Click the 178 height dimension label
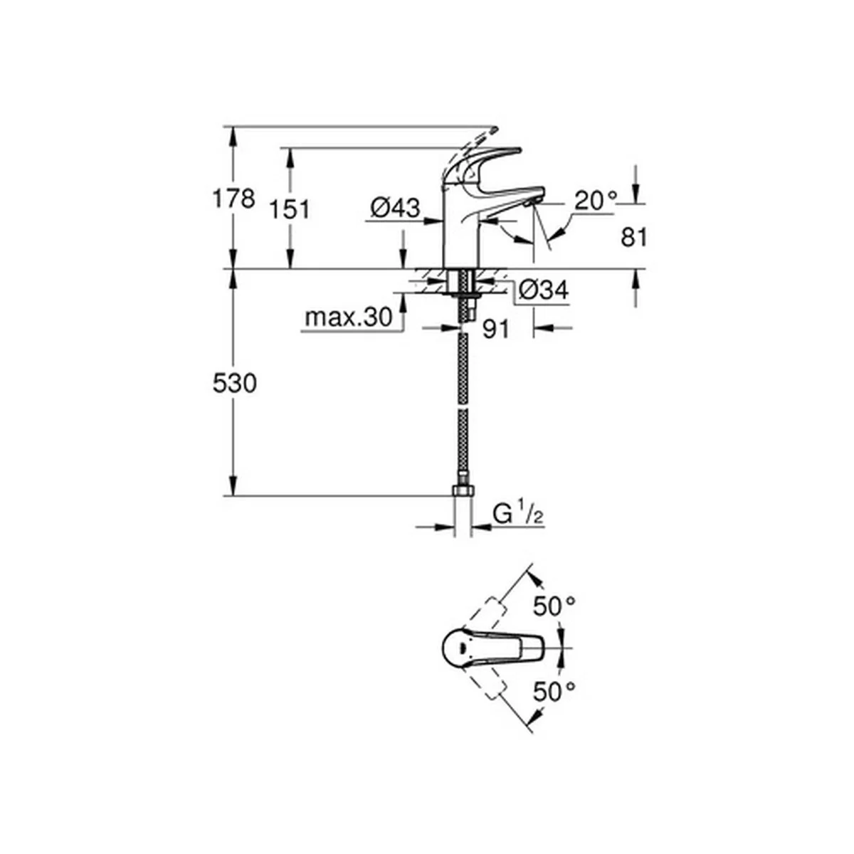233,199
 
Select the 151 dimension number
290,209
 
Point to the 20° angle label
595,201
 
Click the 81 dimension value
634,238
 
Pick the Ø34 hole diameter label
543,291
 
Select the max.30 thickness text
349,317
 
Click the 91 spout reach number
496,329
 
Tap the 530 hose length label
234,384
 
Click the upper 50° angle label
554,606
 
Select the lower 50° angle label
554,691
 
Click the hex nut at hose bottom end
463,490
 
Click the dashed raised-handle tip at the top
492,130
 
